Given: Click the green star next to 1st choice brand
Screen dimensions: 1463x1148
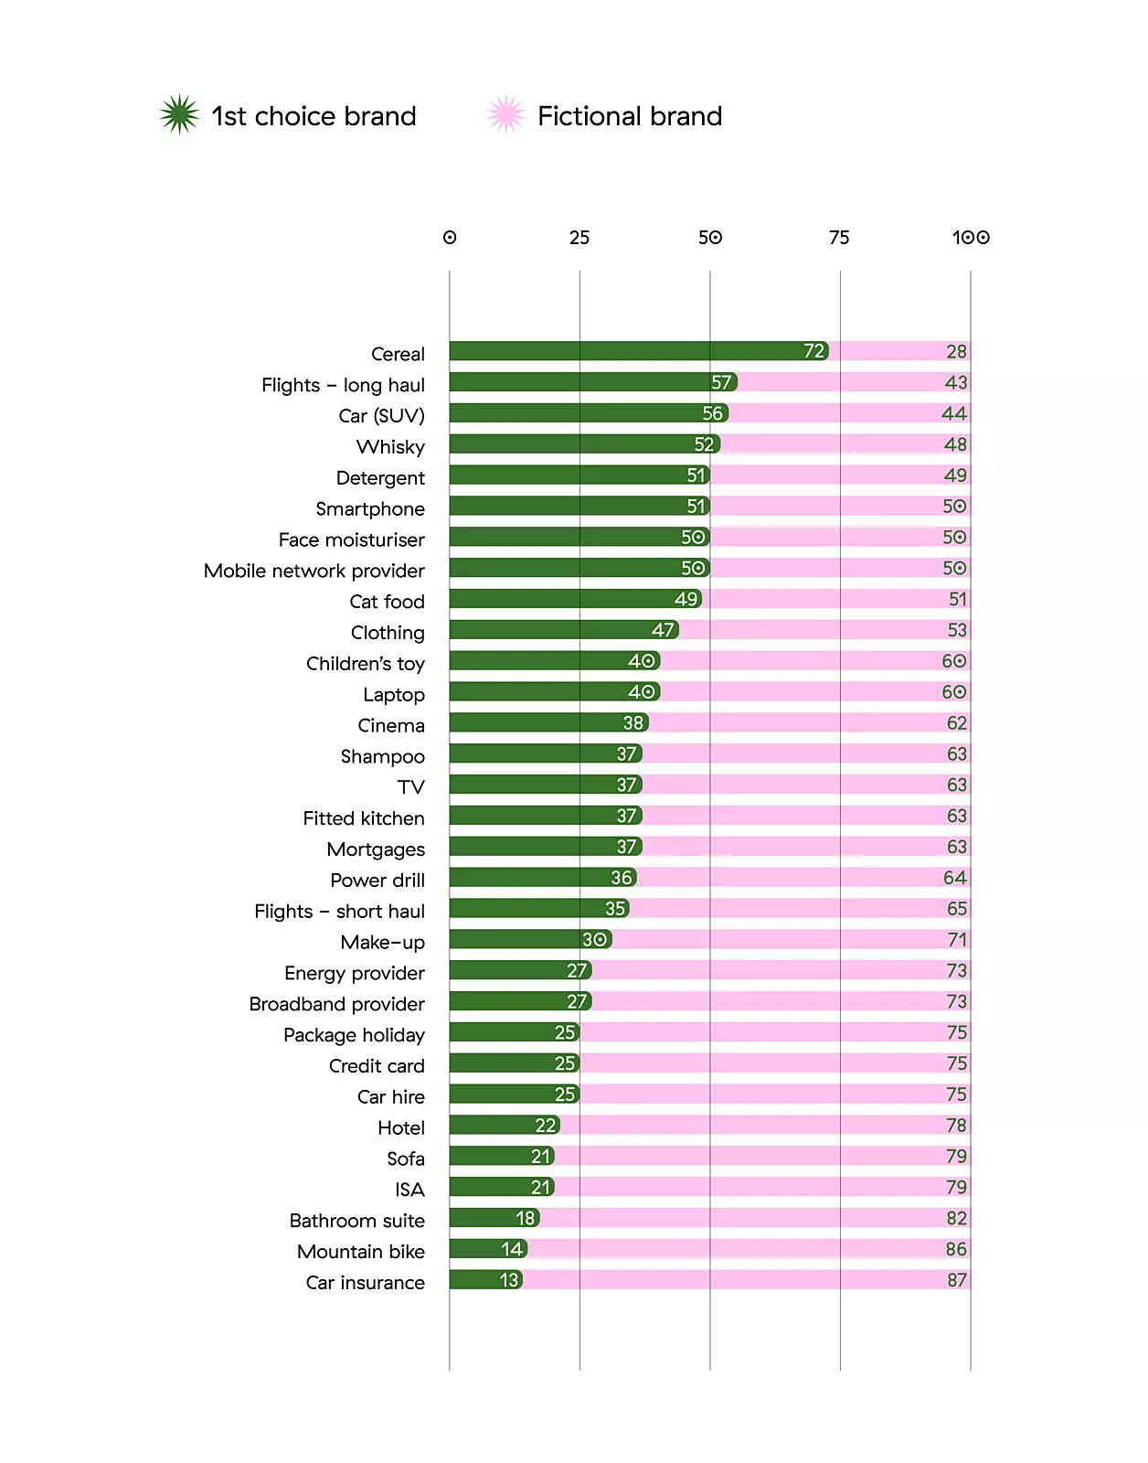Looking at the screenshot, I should [x=179, y=115].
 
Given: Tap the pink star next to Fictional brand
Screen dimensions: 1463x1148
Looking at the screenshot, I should [x=505, y=115].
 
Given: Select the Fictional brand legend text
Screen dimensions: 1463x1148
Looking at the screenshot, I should [x=630, y=116].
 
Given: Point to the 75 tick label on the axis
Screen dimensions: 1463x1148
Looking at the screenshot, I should [x=839, y=238].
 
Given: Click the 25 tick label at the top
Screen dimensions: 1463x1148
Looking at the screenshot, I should [x=579, y=238].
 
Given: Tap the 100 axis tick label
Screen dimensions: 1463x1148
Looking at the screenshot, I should [x=971, y=238].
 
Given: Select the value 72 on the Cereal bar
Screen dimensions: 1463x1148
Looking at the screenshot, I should [x=813, y=351].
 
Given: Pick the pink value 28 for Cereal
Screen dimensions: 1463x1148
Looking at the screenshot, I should [x=956, y=352].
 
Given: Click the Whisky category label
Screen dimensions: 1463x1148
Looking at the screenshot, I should [x=390, y=447].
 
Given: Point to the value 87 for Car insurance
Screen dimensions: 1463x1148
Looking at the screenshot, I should [x=956, y=1280].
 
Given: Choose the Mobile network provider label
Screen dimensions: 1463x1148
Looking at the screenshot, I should [x=314, y=571].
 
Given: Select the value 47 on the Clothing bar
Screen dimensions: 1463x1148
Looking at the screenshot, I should [x=663, y=630].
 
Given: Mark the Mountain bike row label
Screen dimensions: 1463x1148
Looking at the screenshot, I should [x=360, y=1252].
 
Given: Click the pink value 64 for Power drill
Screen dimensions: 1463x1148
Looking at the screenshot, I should [x=955, y=878].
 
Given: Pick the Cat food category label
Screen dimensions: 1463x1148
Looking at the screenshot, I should [x=387, y=602].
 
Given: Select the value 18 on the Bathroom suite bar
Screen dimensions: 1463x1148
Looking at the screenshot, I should [x=525, y=1218].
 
